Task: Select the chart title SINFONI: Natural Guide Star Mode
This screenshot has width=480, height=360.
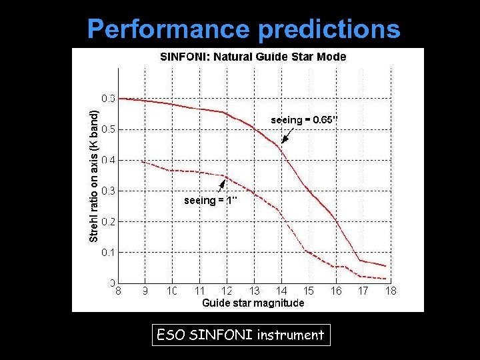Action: point(253,57)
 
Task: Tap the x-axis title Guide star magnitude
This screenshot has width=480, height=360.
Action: point(253,303)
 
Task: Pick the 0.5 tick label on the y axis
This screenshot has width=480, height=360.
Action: point(108,129)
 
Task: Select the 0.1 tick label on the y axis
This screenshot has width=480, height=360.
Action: point(108,252)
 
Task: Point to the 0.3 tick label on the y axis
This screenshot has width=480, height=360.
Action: point(108,191)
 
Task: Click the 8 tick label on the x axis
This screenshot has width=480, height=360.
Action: point(119,291)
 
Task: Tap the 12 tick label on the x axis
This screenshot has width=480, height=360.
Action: point(227,291)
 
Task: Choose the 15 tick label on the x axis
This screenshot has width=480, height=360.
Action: point(309,291)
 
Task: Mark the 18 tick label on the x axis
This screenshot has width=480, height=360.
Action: point(391,291)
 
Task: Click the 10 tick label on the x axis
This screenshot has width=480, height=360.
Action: point(173,291)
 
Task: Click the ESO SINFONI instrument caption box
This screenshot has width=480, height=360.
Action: point(240,335)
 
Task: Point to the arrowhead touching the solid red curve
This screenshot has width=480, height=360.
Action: point(283,141)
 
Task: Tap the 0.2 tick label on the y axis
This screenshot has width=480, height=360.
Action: point(108,221)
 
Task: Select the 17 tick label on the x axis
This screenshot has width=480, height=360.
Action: point(363,291)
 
